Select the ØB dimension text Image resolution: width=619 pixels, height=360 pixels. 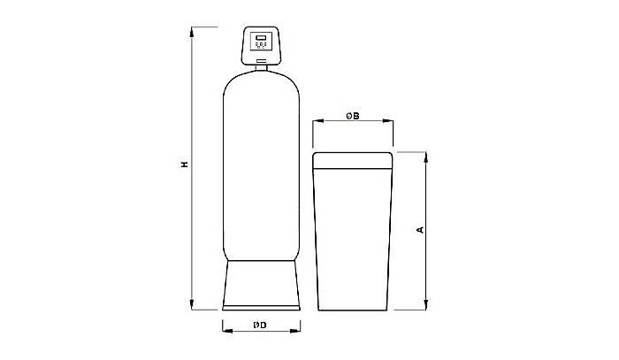[x=351, y=116]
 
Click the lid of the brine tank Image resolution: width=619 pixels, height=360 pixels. [x=353, y=160]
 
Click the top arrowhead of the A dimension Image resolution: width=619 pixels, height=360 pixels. [x=428, y=155]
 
